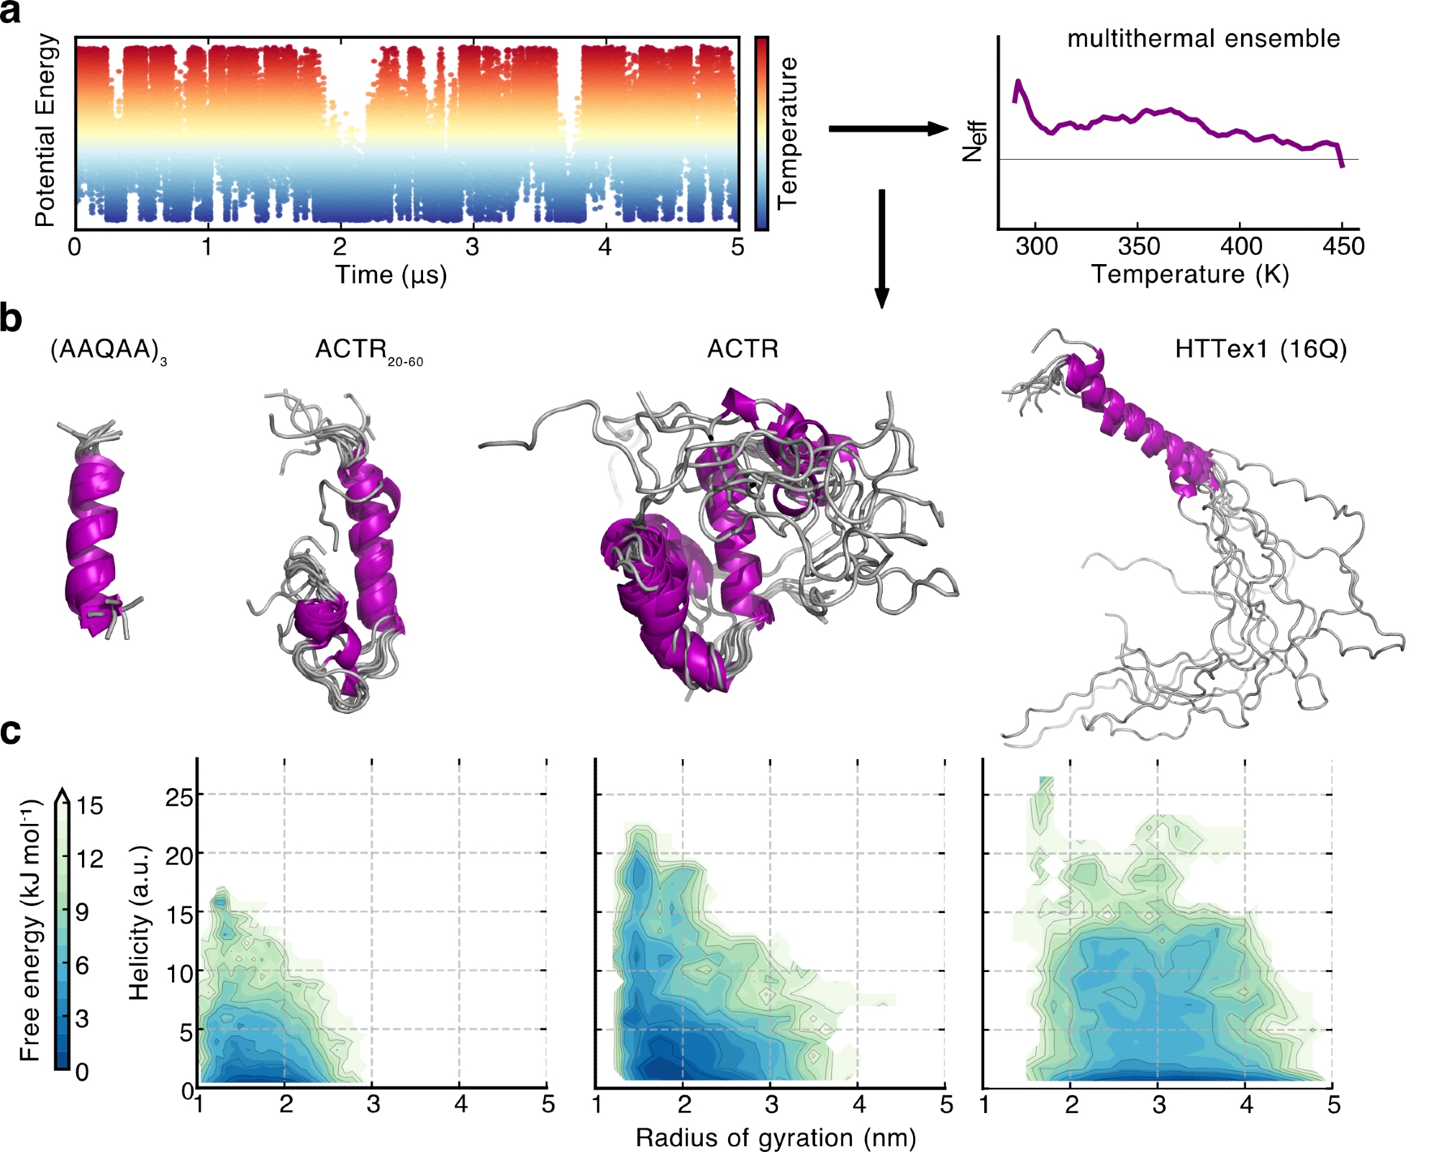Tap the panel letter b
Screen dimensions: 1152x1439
11,318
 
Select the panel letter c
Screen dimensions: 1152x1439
11,731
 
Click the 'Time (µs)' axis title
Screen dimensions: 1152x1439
391,275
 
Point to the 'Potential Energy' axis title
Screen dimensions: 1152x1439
45,130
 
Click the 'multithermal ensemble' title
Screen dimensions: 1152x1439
1203,38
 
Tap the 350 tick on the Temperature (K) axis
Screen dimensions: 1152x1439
1138,246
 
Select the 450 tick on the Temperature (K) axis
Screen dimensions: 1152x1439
1343,246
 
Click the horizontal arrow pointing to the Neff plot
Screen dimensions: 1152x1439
889,129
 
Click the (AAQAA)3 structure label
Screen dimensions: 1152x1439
108,350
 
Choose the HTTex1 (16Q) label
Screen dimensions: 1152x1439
1261,349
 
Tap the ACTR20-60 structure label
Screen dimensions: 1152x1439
368,350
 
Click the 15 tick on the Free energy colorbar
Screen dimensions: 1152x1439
90,805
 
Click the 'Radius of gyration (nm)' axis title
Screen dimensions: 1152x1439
776,1138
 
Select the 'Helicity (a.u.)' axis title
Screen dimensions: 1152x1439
138,923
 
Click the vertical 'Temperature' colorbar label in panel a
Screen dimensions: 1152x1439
788,133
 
